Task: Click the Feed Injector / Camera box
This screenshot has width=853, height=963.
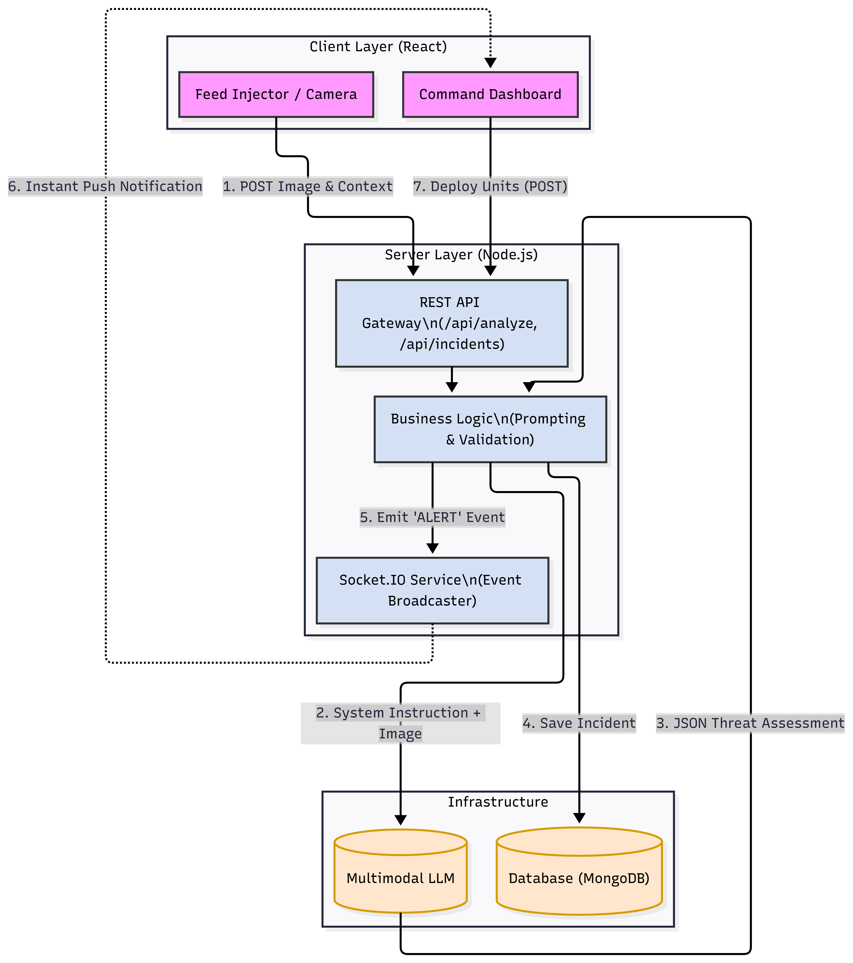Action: click(x=276, y=94)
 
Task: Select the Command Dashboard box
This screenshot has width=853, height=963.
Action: click(x=490, y=94)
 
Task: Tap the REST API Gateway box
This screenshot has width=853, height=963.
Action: click(x=452, y=323)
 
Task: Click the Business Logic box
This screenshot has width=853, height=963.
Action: click(x=490, y=429)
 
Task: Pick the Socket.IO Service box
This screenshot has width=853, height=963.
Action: click(x=432, y=590)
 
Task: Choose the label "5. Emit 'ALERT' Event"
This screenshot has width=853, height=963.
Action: click(x=432, y=517)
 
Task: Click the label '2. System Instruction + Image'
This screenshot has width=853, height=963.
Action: click(x=400, y=723)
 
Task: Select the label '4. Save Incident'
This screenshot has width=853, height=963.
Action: click(x=579, y=723)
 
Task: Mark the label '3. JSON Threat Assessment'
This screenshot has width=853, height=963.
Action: click(x=750, y=723)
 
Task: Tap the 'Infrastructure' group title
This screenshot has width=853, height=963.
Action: click(x=498, y=802)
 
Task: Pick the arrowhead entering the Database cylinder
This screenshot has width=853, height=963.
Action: click(x=579, y=818)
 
